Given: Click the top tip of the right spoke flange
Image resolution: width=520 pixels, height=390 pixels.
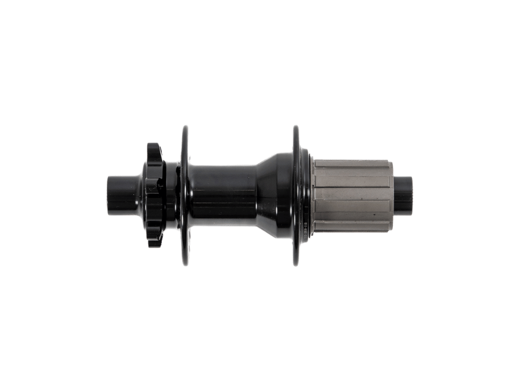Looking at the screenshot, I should [x=296, y=127].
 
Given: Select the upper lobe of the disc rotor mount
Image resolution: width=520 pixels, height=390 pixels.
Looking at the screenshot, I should [x=155, y=149].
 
